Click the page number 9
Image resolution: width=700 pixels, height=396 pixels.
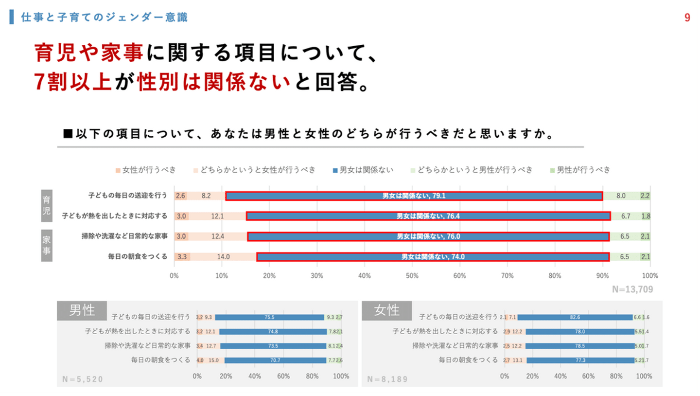point(687,18)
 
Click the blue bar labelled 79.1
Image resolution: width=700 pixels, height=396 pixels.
point(414,196)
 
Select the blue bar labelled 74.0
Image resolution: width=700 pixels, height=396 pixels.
point(433,257)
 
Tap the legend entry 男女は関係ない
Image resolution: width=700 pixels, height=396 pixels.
point(363,170)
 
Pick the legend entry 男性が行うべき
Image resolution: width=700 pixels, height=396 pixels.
point(579,170)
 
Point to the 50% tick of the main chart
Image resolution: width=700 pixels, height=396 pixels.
point(412,276)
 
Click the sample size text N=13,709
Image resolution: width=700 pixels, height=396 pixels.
point(632,289)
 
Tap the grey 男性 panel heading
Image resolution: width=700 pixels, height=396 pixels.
point(82,310)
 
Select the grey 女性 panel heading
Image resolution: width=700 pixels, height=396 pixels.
point(386,310)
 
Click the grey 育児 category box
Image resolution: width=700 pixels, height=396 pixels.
point(47,205)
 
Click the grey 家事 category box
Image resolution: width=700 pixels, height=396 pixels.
point(47,246)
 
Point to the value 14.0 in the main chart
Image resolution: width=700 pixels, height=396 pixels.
point(223,257)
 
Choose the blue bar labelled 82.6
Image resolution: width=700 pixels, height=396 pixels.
point(575,317)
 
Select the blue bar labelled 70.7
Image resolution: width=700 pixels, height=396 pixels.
point(275,360)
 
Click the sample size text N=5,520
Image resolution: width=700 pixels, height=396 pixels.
point(83,379)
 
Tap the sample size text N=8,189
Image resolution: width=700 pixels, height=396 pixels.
point(387,379)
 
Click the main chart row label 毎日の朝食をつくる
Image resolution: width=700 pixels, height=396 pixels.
point(138,256)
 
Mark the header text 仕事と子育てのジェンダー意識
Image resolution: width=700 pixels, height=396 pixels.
point(104,18)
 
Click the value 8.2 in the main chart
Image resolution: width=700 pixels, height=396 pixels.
point(206,196)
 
